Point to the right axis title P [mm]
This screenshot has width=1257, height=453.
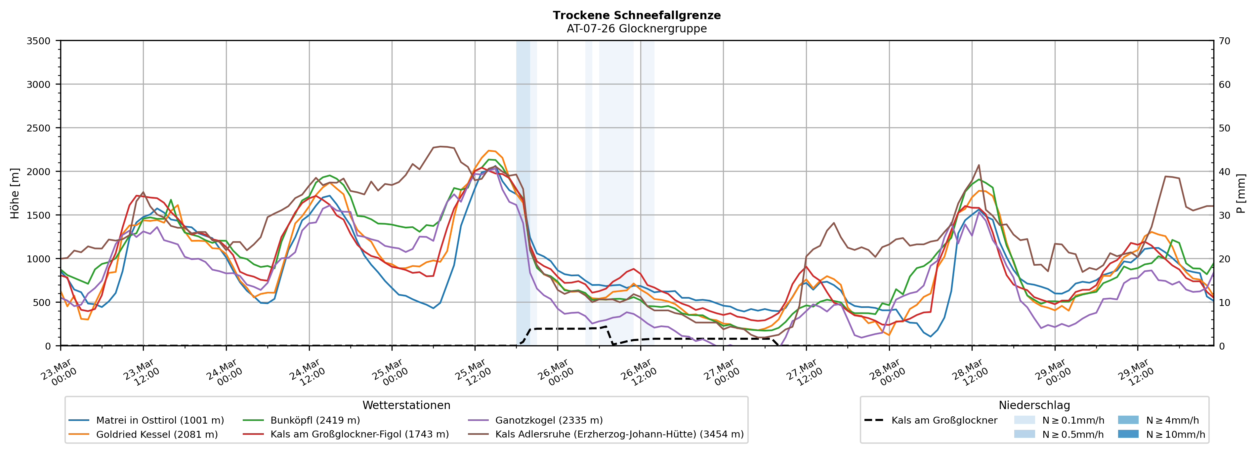(1241, 193)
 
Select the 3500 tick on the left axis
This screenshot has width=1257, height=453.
(39, 41)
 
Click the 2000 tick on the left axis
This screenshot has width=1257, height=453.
(39, 171)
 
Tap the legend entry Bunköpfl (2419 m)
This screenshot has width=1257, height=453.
(315, 420)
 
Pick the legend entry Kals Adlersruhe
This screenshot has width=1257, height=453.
(619, 434)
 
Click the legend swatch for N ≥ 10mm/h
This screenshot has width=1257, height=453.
(1128, 434)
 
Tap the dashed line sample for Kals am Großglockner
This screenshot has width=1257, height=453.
(873, 420)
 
